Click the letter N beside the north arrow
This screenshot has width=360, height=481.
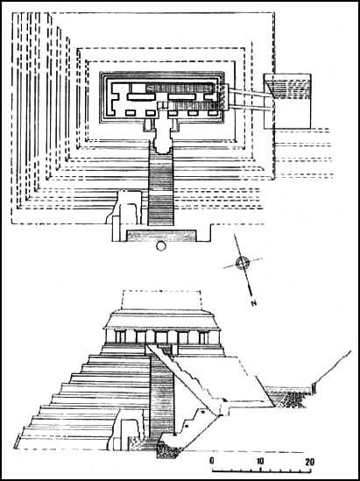click(253, 304)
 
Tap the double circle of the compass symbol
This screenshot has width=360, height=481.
click(243, 263)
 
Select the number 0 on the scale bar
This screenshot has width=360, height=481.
click(212, 462)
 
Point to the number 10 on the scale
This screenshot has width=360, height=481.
click(260, 462)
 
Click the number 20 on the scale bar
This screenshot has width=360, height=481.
click(309, 462)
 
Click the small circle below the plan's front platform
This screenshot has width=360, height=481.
click(160, 245)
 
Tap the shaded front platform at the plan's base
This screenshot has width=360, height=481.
click(161, 236)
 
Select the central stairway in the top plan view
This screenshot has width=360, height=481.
click(160, 187)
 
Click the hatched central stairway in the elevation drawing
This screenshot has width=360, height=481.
click(162, 396)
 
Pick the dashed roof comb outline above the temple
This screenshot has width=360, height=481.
click(161, 300)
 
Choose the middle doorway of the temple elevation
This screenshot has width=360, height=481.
click(161, 337)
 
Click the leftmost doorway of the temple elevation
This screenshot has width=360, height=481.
click(120, 337)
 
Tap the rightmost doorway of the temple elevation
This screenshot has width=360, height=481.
click(203, 337)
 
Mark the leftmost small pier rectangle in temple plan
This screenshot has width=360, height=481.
click(131, 113)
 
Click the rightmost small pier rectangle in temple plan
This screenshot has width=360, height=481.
click(213, 113)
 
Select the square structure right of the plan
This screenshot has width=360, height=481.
click(287, 102)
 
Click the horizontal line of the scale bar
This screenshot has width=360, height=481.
click(261, 470)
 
